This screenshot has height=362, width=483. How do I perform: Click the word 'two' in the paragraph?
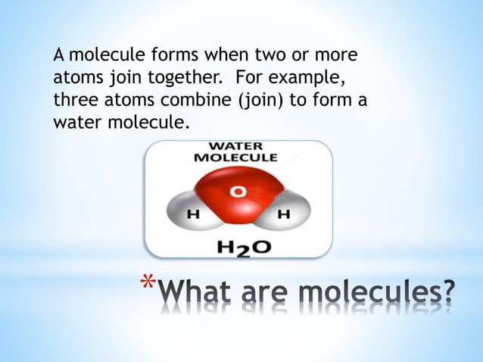click(273, 56)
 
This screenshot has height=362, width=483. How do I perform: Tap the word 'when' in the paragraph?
click(226, 56)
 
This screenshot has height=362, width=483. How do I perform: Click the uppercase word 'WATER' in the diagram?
click(236, 145)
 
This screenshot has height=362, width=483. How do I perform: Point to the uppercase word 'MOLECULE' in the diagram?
click(236, 158)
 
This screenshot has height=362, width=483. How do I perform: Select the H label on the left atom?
click(192, 214)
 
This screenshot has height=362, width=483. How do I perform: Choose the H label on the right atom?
click(284, 214)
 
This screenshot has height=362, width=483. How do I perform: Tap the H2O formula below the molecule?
click(239, 247)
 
